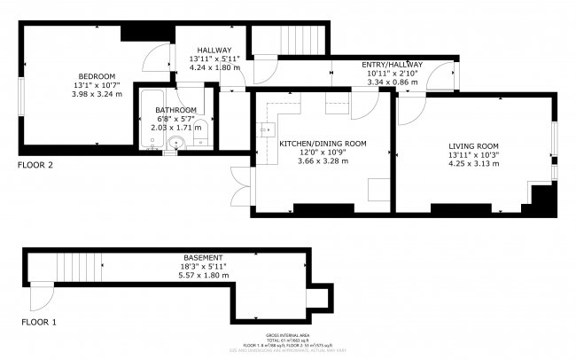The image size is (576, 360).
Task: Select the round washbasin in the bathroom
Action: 177,142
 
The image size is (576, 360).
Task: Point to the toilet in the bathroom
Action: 201,126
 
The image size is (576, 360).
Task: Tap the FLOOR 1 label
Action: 39,322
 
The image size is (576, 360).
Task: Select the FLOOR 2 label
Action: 37,165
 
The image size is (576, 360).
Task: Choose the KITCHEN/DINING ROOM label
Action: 323,143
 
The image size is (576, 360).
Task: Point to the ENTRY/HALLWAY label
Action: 392,65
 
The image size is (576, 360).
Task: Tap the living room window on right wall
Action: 557,138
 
